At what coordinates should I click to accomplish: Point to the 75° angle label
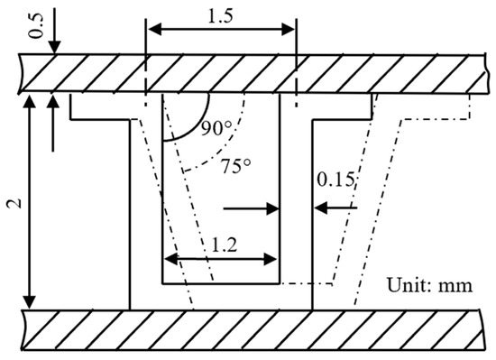[x=237, y=166]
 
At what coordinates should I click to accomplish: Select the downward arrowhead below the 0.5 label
[x=55, y=47]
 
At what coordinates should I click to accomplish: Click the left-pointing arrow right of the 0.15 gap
[x=321, y=208]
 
